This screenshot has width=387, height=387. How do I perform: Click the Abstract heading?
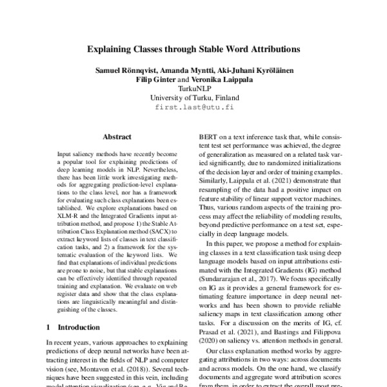tap(117, 137)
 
